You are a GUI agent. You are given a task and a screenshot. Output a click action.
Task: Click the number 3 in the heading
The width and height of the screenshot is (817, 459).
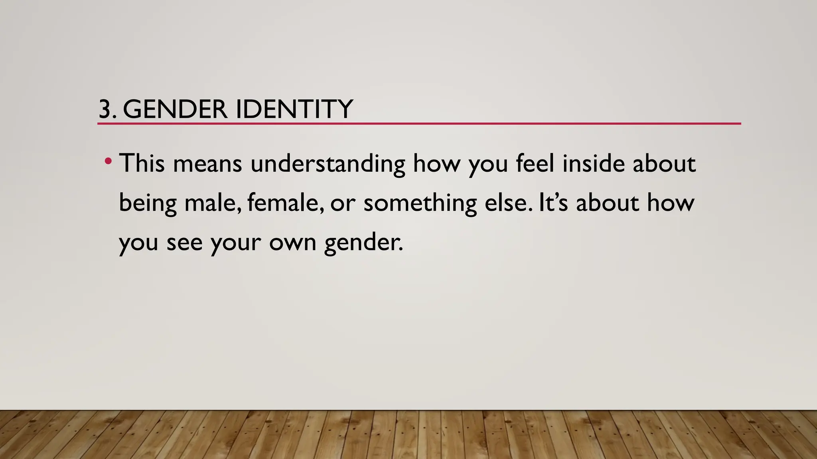tap(105, 109)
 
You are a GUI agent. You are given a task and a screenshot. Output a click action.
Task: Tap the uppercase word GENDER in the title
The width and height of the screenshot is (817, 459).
tap(175, 109)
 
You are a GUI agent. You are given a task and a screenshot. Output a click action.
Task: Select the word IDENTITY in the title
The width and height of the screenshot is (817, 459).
tap(294, 109)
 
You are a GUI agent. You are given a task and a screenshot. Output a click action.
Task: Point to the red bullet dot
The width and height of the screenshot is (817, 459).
tap(107, 161)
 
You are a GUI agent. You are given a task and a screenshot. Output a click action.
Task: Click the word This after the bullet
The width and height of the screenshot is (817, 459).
tap(142, 163)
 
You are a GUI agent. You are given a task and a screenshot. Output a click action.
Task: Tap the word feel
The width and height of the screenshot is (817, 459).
tap(535, 163)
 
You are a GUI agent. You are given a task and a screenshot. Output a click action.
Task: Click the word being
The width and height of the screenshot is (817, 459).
tap(148, 203)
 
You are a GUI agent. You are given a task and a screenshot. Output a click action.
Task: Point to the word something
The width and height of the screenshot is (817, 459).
tap(420, 203)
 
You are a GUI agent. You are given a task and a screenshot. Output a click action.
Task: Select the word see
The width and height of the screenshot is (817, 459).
tap(184, 242)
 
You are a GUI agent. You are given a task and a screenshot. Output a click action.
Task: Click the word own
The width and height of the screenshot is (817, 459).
tap(292, 242)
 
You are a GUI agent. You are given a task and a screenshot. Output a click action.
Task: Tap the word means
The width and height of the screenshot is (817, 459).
tap(207, 164)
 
